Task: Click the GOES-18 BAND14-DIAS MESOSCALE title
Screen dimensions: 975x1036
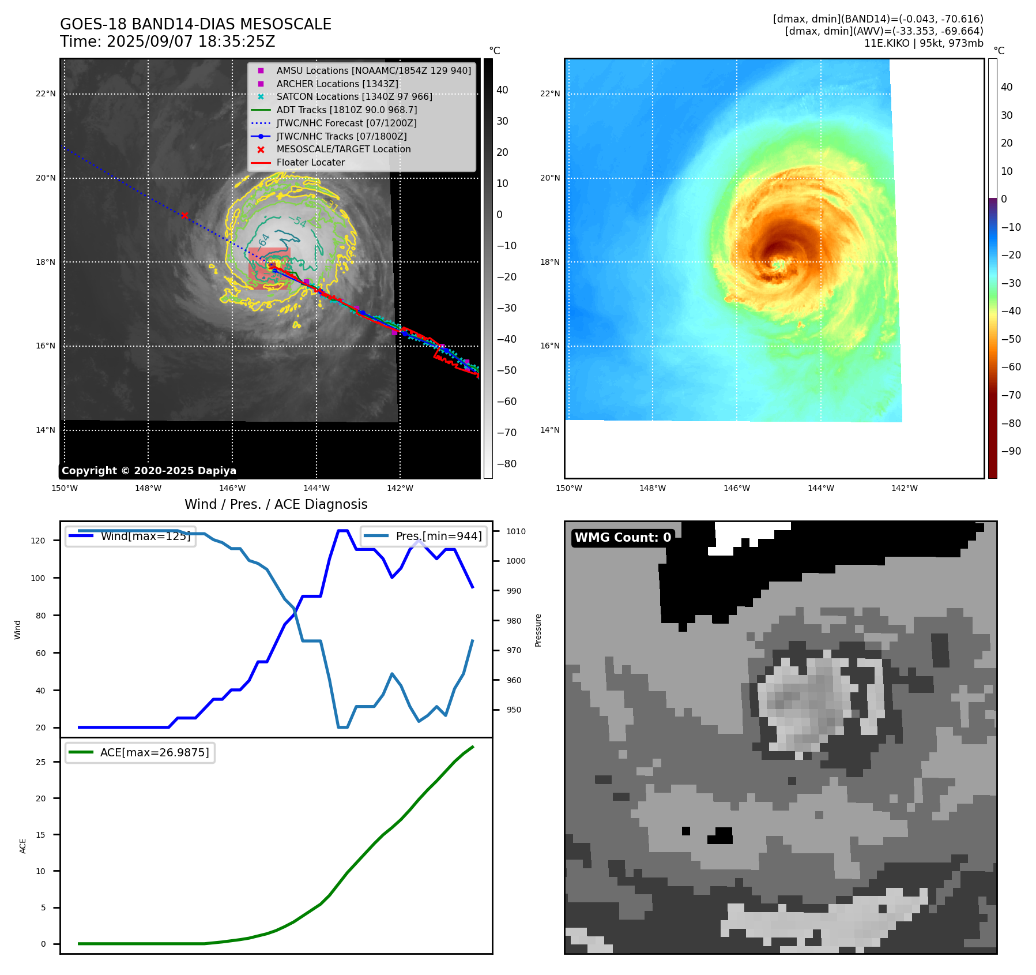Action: pos(195,24)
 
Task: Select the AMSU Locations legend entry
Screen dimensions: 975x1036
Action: pos(373,70)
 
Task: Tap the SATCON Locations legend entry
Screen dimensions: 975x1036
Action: pos(354,96)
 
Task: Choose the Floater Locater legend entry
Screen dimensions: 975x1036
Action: pos(310,162)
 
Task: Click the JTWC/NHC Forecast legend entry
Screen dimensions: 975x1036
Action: pos(346,123)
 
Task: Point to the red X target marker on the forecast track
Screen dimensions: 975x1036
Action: pos(184,216)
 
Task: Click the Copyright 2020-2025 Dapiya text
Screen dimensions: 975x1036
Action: pos(149,471)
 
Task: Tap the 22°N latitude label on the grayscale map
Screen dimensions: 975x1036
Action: pos(46,93)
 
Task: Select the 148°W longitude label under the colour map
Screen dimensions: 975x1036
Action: pos(653,488)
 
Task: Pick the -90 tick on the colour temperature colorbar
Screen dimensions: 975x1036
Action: pos(1011,451)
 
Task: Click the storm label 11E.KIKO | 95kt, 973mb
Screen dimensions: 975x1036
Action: pos(924,43)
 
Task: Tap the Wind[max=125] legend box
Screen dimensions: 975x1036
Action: pos(131,536)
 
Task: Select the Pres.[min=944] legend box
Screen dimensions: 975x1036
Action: pos(424,536)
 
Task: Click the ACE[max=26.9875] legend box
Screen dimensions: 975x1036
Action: pos(140,752)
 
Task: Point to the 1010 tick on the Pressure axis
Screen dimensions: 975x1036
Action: pos(516,531)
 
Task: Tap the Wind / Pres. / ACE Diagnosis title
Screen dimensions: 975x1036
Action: pos(276,504)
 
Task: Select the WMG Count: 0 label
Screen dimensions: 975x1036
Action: pos(623,537)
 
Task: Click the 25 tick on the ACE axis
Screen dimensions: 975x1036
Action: pos(40,762)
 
